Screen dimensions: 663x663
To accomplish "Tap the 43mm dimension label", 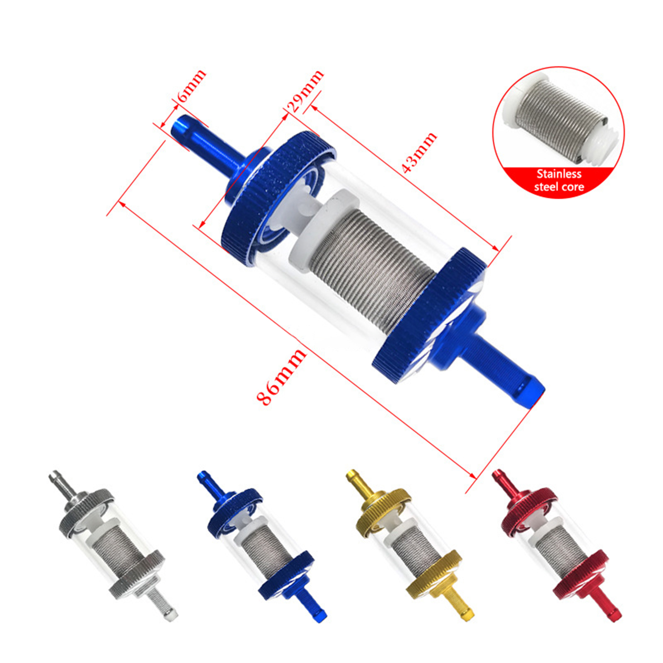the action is click(x=419, y=152).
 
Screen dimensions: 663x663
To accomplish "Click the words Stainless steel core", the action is click(x=559, y=180).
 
